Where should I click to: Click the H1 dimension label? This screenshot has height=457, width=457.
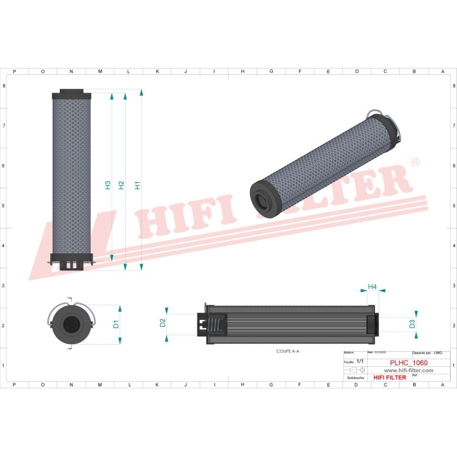(137, 185)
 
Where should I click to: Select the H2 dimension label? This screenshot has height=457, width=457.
(121, 185)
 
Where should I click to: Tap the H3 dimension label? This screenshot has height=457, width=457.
(108, 185)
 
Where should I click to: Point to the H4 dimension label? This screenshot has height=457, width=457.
(373, 288)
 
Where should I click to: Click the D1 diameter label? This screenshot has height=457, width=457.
(116, 324)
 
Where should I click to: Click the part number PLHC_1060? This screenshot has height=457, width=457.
(408, 363)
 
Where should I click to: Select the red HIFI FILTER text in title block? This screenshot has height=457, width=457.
(388, 377)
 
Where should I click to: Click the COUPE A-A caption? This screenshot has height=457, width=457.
(288, 351)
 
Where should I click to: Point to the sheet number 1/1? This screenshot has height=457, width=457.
(360, 361)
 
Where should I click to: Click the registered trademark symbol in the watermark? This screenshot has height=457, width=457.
(415, 163)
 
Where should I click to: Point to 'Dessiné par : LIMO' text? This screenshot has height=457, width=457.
(427, 352)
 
